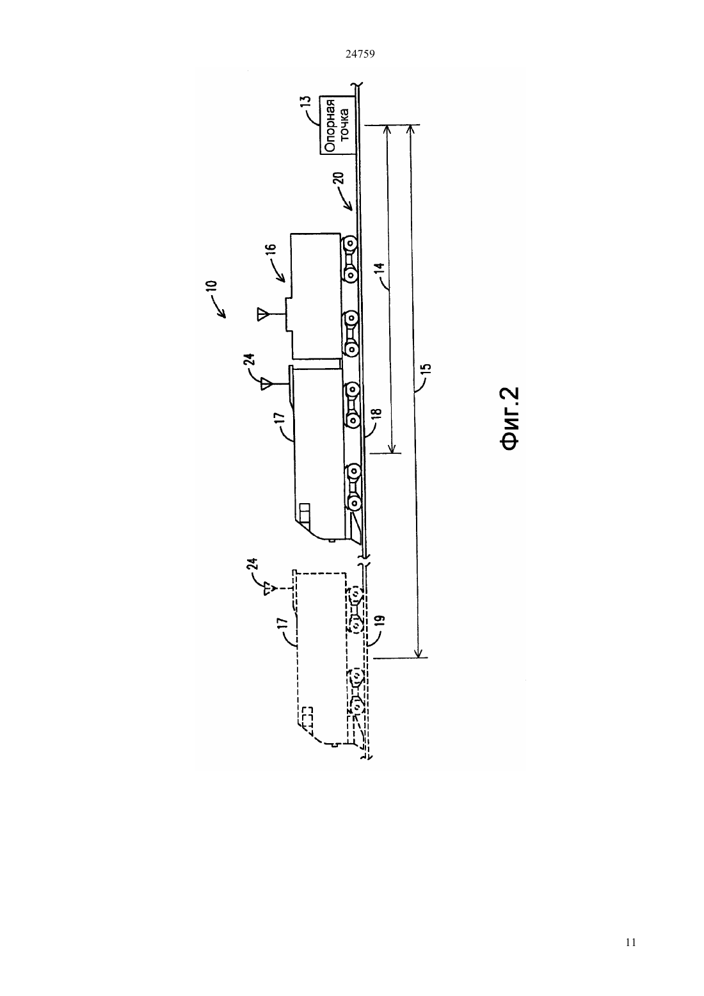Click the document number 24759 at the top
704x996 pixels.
pyautogui.click(x=360, y=54)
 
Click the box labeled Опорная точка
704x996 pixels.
pyautogui.click(x=337, y=126)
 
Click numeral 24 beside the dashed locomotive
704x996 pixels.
pyautogui.click(x=253, y=565)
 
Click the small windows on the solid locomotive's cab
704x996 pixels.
pyautogui.click(x=305, y=513)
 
